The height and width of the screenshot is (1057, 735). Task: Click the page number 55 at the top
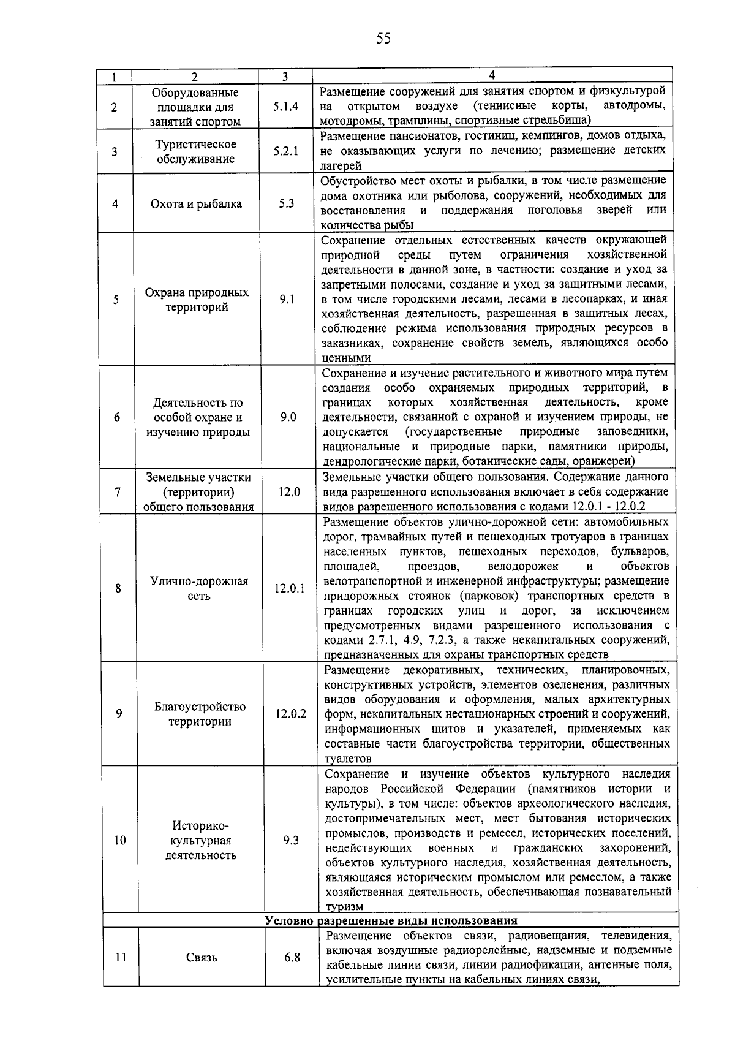click(x=383, y=39)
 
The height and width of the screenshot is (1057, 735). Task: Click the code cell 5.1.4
click(x=286, y=106)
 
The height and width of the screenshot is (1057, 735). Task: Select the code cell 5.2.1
click(x=286, y=151)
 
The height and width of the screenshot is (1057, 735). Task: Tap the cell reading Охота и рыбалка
click(x=196, y=204)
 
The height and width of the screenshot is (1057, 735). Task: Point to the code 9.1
click(x=287, y=300)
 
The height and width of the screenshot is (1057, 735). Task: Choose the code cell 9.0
click(x=288, y=417)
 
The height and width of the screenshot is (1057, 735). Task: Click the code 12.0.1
click(x=290, y=588)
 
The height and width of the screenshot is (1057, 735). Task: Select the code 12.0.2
click(x=291, y=714)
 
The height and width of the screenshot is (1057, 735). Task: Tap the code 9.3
click(x=291, y=840)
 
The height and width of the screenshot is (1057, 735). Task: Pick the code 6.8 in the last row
click(x=292, y=957)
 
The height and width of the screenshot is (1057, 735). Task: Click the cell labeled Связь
click(x=202, y=957)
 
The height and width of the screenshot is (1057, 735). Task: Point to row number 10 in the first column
click(x=119, y=840)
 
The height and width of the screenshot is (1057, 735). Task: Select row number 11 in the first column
click(x=121, y=957)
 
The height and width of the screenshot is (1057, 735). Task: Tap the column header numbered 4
click(x=492, y=75)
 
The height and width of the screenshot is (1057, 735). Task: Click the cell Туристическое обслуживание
click(x=195, y=151)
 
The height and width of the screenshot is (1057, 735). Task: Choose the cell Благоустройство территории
click(x=200, y=714)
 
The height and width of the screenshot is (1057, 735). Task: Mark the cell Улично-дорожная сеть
click(x=199, y=588)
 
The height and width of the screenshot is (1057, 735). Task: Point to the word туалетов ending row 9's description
click(x=348, y=759)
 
